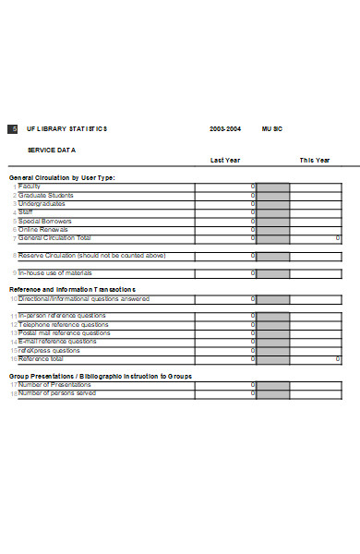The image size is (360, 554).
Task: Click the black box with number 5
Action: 12,129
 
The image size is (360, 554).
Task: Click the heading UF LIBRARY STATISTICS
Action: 67,129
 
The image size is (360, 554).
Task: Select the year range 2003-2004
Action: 225,129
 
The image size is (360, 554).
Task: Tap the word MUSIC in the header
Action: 272,129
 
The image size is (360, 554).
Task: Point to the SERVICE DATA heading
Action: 52,150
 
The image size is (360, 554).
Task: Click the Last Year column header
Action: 225,161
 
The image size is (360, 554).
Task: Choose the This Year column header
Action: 314,161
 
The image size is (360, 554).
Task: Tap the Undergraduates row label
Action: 42,203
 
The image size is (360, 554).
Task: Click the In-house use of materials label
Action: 55,273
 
